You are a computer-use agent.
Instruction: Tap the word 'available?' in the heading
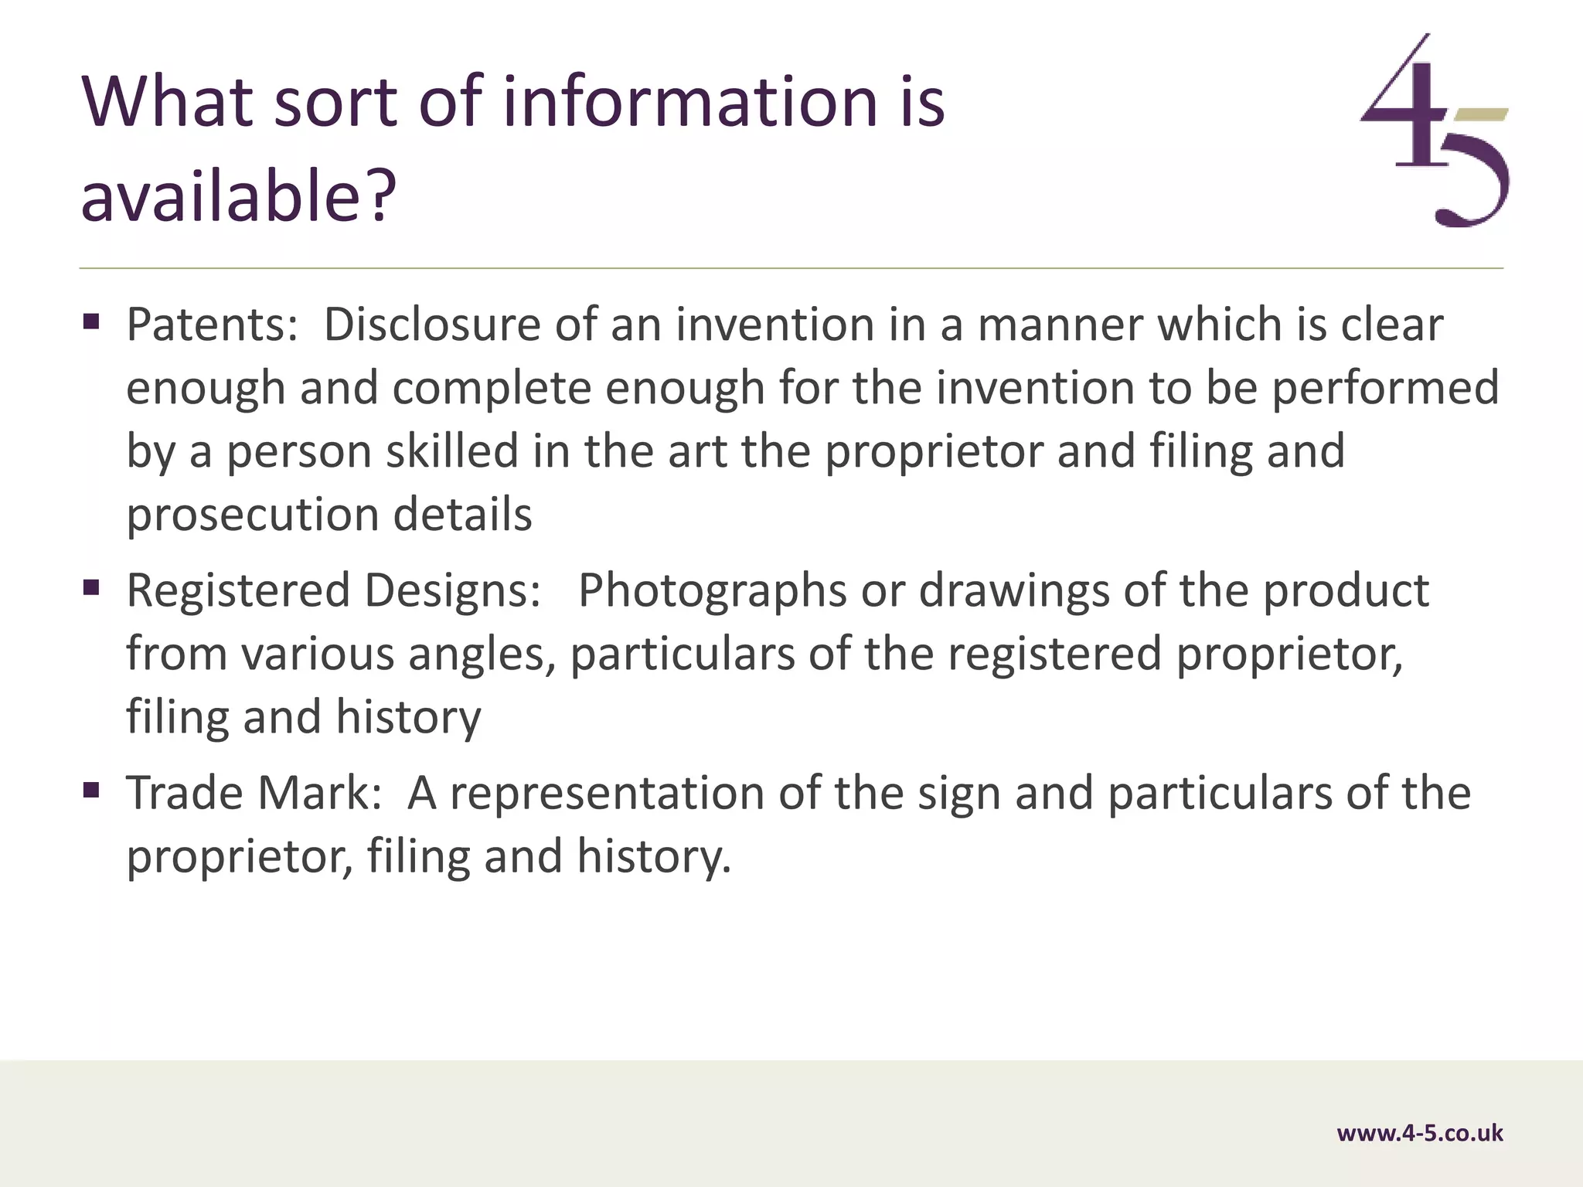coord(238,196)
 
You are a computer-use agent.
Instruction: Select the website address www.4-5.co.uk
coord(1419,1134)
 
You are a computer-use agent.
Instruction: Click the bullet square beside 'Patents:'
coord(91,321)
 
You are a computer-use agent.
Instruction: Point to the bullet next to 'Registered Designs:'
coord(91,588)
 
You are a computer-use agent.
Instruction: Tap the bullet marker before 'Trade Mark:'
coord(91,790)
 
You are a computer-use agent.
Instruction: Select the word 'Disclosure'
coord(431,325)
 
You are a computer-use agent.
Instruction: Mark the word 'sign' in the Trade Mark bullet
coord(958,794)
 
